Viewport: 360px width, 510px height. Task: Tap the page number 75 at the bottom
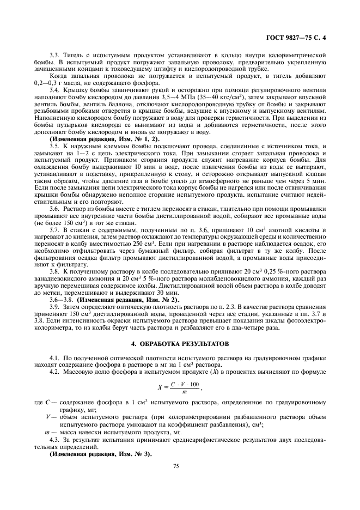176,466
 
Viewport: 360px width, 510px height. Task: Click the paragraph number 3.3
54,55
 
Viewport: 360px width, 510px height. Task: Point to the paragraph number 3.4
54,89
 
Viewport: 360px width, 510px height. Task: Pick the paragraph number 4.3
54,439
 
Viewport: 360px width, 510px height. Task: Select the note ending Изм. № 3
100,453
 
